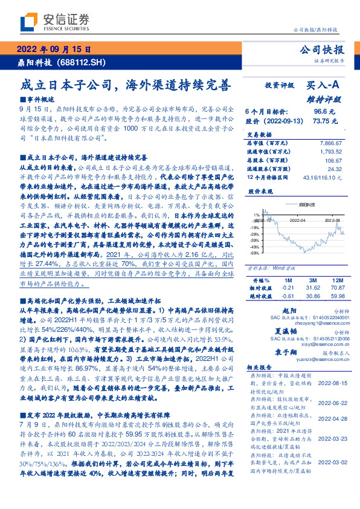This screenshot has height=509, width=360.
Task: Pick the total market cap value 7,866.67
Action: (x=329, y=143)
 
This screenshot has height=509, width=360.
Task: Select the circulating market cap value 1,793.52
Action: (x=329, y=152)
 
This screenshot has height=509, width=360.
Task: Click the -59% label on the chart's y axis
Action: (x=256, y=253)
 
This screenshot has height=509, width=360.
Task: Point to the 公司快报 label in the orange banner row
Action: (x=322, y=50)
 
